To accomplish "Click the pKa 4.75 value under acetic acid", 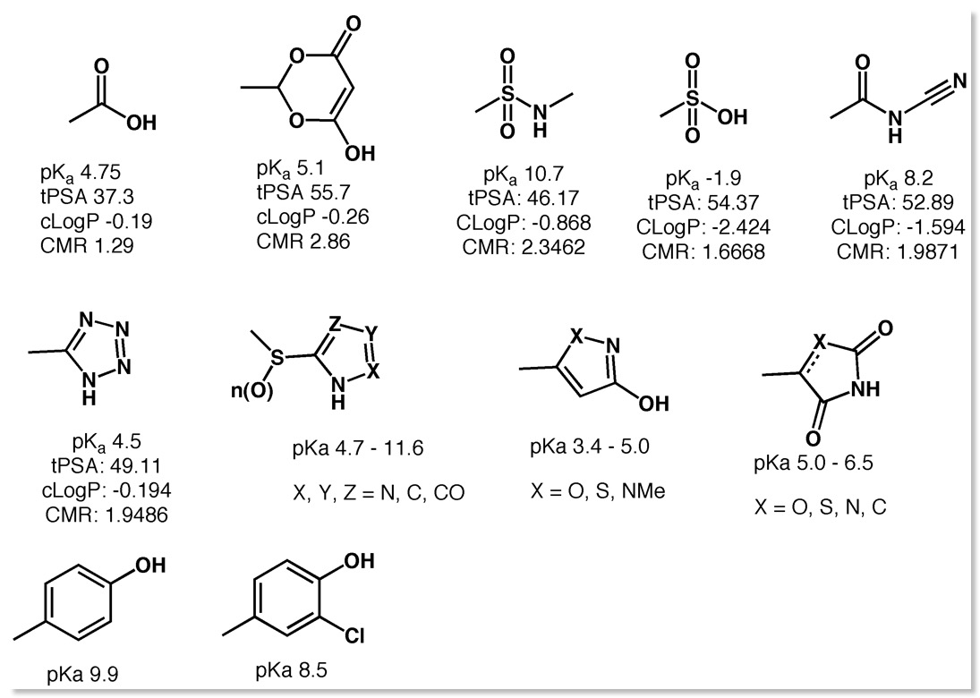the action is (81, 173).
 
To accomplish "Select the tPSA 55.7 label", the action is (303, 192).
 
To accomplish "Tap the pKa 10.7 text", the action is (524, 173).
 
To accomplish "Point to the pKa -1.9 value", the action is (703, 179).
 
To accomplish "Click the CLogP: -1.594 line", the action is (898, 226).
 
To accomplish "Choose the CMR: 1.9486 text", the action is (107, 515).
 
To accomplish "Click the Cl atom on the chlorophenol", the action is (354, 636).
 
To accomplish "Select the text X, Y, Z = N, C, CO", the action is (379, 493).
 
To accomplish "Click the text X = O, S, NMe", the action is (598, 491).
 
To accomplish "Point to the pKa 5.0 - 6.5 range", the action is (814, 463).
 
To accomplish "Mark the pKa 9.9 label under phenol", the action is (82, 675).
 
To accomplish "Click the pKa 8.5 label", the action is (291, 670).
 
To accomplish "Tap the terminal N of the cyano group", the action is (960, 82).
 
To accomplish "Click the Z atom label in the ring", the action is (335, 323).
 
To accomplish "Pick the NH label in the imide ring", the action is (865, 388).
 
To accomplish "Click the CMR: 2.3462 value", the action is (524, 247).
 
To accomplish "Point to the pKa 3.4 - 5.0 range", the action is (590, 447).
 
